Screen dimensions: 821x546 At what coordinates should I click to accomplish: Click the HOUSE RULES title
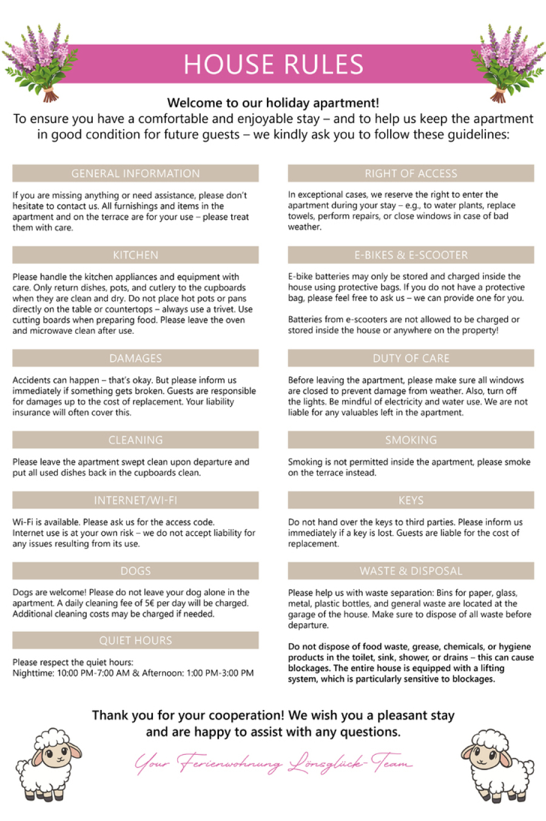coord(273,64)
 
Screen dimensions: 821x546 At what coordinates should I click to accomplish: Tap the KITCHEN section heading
coord(135,255)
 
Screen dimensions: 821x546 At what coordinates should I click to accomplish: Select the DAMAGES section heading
coord(135,358)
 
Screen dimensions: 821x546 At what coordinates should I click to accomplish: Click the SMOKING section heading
coord(411,440)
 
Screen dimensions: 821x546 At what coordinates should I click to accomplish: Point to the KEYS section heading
coord(411,501)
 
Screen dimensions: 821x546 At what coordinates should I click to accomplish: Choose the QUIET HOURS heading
coord(135,640)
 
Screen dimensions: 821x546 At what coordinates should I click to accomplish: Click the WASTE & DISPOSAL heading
coord(411,571)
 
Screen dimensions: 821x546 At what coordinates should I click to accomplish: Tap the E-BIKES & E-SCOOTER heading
coord(411,255)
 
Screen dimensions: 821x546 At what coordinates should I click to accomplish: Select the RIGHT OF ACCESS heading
coord(411,174)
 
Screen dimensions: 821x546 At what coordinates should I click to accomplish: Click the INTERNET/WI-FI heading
coord(135,501)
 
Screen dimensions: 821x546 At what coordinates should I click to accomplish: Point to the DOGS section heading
coord(135,571)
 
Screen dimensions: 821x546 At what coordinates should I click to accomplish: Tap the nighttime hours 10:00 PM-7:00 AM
coord(93,673)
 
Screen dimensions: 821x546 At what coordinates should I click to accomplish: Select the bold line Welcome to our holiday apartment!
coord(273,103)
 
